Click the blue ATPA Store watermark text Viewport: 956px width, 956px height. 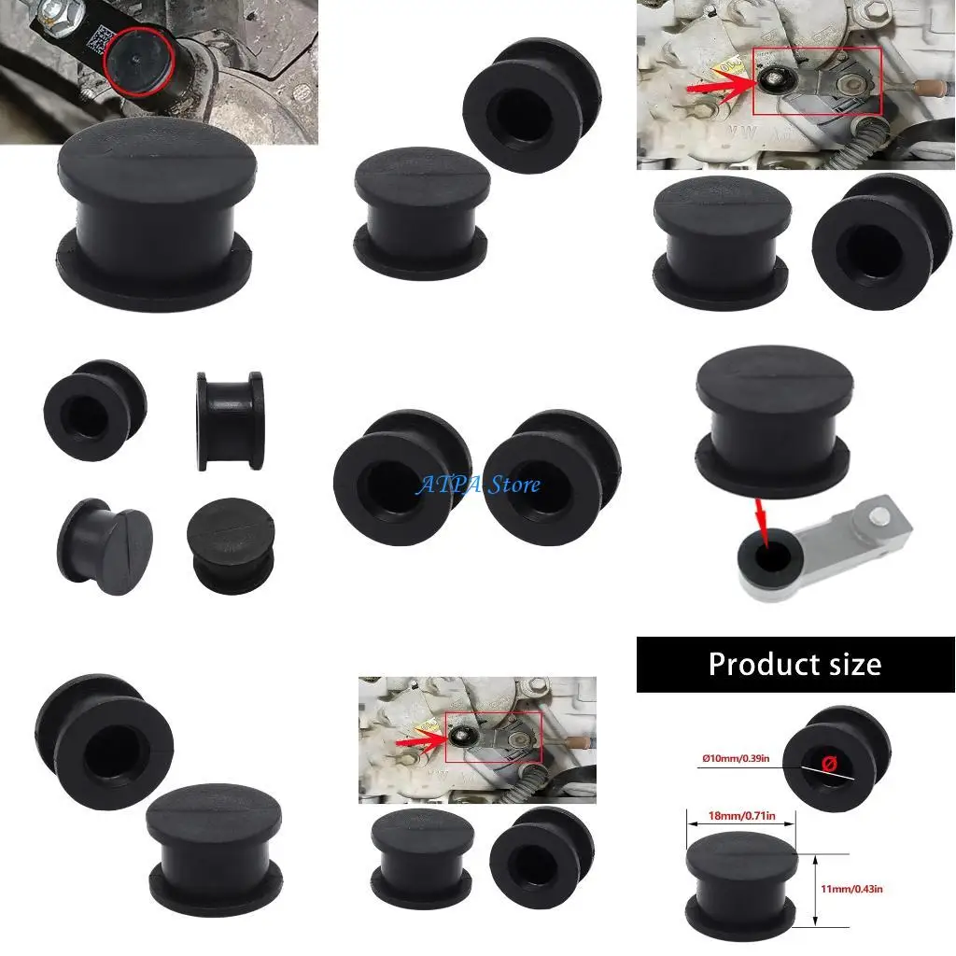click(x=478, y=484)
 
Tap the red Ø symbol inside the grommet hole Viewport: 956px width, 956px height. click(x=827, y=764)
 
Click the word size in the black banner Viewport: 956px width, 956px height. click(x=849, y=664)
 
